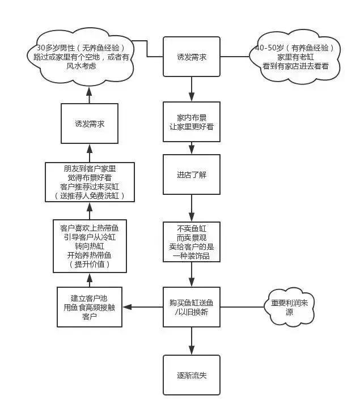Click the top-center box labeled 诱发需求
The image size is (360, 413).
coord(192,57)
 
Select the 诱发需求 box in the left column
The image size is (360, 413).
coord(90,124)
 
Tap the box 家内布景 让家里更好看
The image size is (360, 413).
coord(192,122)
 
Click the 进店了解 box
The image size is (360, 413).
coord(192,174)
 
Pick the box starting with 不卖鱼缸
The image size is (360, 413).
coord(192,243)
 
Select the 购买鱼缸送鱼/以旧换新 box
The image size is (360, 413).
coord(192,307)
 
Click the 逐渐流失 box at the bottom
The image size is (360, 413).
coord(192,374)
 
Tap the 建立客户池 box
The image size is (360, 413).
coord(90,307)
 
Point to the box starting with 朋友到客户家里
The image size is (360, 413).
coord(90,182)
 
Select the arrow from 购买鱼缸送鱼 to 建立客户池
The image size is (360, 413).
coord(143,307)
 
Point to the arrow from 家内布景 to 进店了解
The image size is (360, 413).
coord(192,147)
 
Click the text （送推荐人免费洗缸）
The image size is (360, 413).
coord(90,196)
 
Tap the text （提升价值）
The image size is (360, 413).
coord(90,265)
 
